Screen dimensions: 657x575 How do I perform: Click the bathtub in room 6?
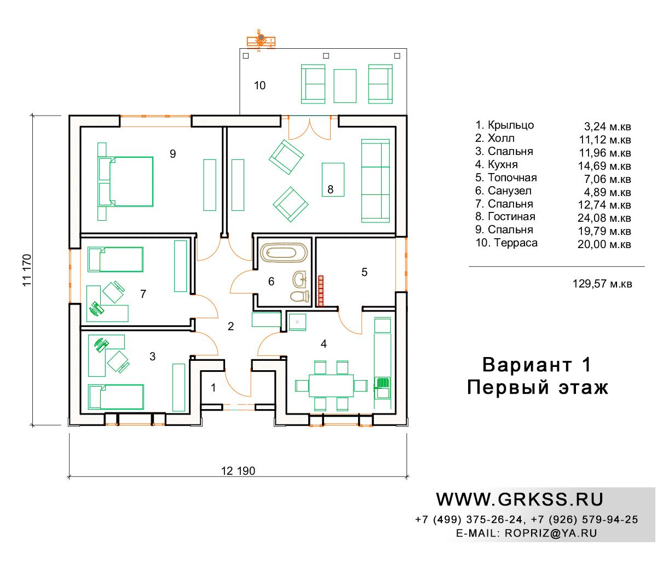(283, 252)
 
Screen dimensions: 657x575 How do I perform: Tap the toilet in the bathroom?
(299, 296)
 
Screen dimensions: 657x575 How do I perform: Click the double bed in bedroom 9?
(125, 181)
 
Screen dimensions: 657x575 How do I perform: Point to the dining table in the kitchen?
(331, 385)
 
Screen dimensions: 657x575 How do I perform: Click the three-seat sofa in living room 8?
(375, 181)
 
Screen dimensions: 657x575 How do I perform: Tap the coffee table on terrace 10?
(344, 86)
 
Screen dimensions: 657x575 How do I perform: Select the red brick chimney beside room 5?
(320, 291)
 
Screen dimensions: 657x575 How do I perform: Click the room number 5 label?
(364, 272)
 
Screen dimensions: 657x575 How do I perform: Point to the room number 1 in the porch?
(213, 388)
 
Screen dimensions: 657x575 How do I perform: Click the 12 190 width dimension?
(238, 471)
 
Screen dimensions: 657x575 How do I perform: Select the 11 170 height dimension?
(27, 270)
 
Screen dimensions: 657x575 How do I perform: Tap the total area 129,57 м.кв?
(602, 284)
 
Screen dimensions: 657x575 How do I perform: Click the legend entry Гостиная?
(511, 216)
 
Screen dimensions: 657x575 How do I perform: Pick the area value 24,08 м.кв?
(604, 218)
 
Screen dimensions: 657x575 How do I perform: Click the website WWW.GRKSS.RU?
(519, 499)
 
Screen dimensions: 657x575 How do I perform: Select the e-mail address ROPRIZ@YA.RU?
(551, 533)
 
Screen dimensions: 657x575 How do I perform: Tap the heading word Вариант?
(527, 365)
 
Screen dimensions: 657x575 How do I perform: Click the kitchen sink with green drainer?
(382, 388)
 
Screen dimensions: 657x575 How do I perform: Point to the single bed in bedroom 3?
(116, 396)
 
